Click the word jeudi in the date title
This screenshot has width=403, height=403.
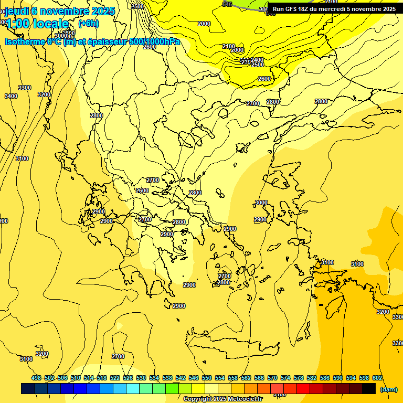click(x=16, y=11)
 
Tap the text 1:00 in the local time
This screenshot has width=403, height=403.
click(x=18, y=24)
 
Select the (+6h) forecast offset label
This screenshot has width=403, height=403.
click(x=88, y=24)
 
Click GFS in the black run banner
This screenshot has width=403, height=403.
click(x=293, y=9)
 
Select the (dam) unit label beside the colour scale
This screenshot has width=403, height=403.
click(x=388, y=389)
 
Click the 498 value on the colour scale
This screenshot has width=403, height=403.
click(x=36, y=378)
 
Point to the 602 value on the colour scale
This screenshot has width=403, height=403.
click(x=377, y=378)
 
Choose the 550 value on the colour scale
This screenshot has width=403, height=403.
click(x=207, y=378)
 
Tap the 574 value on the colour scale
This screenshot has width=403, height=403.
click(x=285, y=378)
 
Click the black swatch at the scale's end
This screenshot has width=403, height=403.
click(x=369, y=388)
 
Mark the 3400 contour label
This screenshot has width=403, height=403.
click(x=10, y=96)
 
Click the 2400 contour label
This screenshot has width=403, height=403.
click(x=258, y=60)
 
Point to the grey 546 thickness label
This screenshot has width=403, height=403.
click(x=227, y=4)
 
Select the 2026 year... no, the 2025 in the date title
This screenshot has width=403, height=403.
click(x=103, y=11)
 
